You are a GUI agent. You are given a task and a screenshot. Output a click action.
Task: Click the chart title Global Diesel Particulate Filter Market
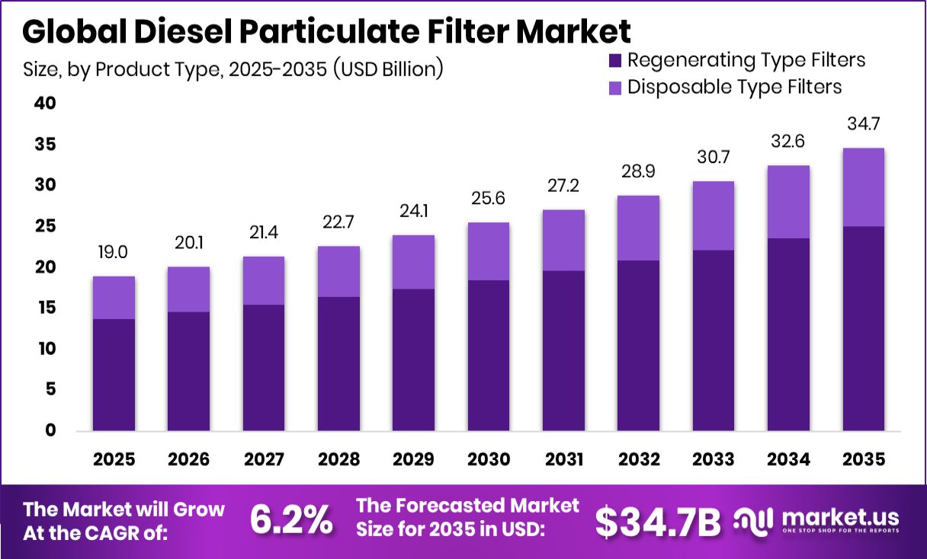(x=326, y=32)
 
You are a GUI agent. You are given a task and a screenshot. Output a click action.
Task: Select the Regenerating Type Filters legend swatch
(x=615, y=60)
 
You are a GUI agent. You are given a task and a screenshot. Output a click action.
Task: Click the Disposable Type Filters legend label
(x=734, y=87)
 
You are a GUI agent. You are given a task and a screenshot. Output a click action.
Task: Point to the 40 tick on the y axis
(x=45, y=104)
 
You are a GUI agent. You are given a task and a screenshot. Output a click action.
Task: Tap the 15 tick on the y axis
(x=45, y=308)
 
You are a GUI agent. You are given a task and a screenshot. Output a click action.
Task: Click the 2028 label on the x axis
(x=338, y=459)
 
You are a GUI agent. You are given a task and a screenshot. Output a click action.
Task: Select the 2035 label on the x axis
(x=863, y=459)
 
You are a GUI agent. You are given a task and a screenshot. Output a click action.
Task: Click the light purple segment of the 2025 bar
(x=114, y=298)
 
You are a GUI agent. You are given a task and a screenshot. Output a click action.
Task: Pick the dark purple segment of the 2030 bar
(x=489, y=355)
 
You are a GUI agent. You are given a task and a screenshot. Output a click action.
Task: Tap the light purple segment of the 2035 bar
(x=863, y=187)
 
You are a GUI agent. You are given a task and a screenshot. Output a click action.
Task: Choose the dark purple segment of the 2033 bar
(x=714, y=340)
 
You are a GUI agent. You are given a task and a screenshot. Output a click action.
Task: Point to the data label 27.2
(x=563, y=186)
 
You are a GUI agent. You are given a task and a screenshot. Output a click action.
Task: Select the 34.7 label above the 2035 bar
(x=863, y=123)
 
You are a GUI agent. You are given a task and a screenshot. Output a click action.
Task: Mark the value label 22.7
(x=338, y=222)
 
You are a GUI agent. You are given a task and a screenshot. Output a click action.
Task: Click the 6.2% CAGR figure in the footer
(x=292, y=521)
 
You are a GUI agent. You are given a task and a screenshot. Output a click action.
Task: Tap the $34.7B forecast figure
(x=658, y=522)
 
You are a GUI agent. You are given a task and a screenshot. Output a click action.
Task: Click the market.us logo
(x=816, y=520)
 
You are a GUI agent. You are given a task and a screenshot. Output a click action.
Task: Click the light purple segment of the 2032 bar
(x=638, y=228)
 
